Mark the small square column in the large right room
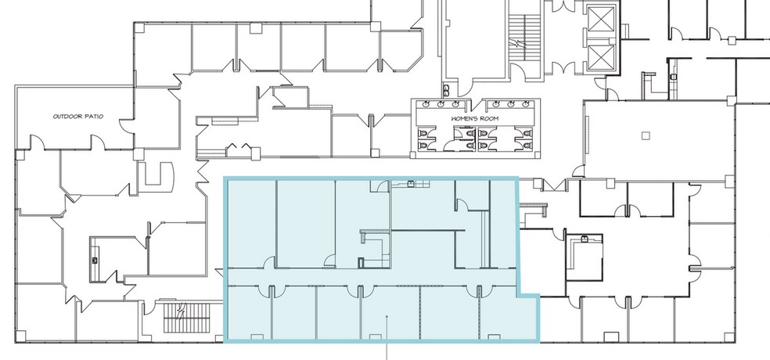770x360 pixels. [645, 135]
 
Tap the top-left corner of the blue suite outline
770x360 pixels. [226, 179]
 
